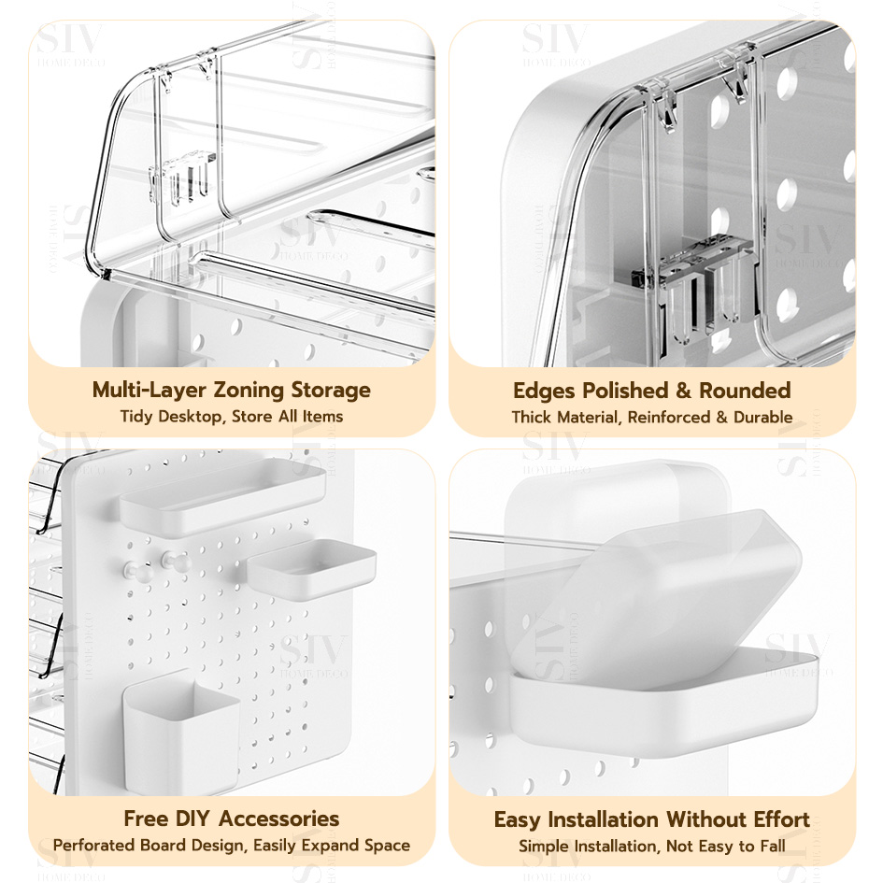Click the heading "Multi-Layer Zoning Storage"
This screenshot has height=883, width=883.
pos(231,390)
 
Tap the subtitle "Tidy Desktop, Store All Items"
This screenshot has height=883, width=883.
pos(231,416)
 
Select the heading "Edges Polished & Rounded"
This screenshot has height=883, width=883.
pos(651,391)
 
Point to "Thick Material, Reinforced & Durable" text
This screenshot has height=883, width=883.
pos(651,417)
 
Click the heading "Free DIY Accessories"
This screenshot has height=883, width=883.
pos(231,819)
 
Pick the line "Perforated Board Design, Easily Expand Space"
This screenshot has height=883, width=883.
pos(231,845)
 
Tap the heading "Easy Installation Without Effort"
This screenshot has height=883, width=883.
pos(651,819)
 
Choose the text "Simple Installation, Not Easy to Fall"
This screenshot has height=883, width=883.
pos(651,846)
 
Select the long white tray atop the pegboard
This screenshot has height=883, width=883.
pos(221,495)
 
